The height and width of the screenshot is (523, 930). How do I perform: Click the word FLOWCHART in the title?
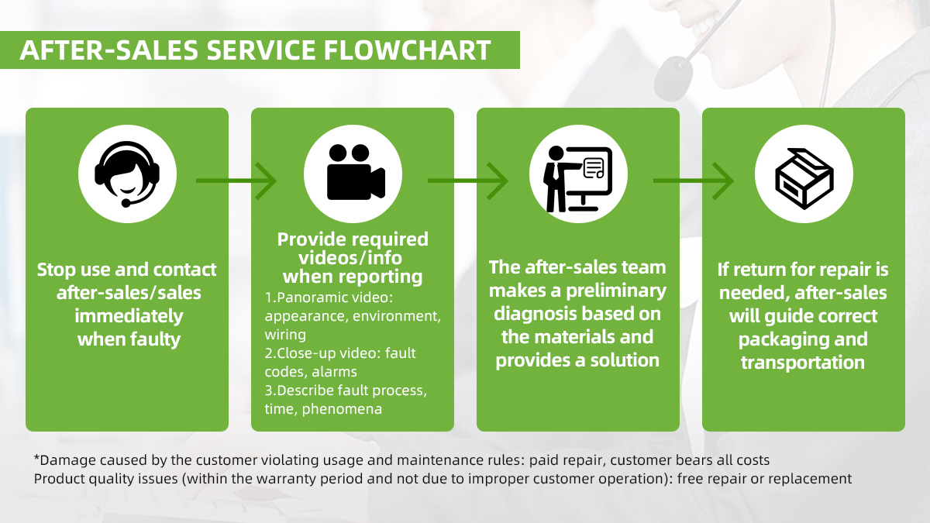click(407, 50)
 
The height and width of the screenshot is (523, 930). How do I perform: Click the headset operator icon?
click(127, 174)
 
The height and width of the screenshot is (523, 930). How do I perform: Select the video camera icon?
click(356, 172)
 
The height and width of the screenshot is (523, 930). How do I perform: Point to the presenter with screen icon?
click(577, 179)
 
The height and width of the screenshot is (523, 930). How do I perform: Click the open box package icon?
click(804, 178)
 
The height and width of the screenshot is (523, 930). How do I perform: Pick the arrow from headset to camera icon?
click(236, 181)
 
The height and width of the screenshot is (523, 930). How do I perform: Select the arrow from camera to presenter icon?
click(468, 181)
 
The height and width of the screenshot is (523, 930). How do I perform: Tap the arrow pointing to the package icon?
click(694, 181)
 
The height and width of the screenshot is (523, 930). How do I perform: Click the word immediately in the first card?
click(129, 316)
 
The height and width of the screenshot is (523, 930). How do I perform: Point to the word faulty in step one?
click(155, 339)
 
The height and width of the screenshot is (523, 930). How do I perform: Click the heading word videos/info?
click(350, 258)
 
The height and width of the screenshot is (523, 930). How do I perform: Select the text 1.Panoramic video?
click(329, 298)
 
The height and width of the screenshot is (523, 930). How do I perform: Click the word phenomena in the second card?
click(342, 409)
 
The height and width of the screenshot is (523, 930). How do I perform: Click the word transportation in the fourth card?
click(803, 363)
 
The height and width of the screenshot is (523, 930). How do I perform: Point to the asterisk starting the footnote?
click(37, 458)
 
